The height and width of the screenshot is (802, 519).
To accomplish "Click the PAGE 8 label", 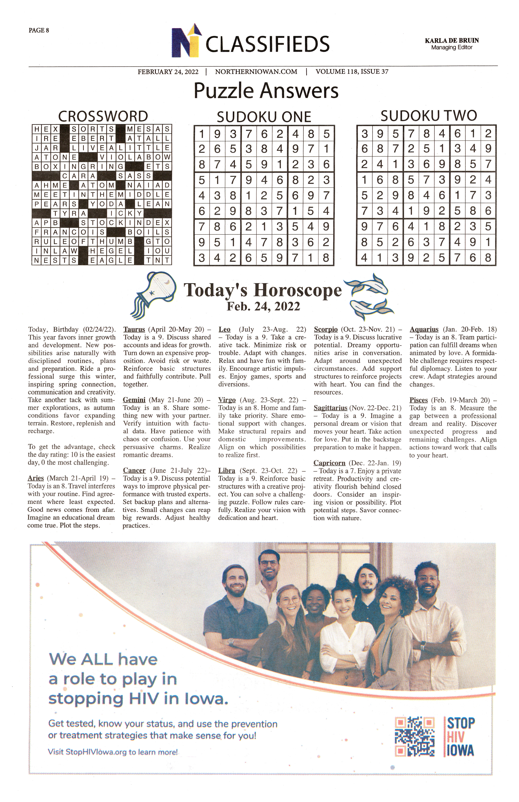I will [39, 30].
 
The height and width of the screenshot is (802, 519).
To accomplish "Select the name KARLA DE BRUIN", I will [452, 40].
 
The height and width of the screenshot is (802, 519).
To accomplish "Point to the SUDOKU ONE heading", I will [264, 117].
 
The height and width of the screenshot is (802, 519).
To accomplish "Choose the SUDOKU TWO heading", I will [429, 116].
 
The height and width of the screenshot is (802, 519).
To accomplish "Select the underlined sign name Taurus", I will [134, 330].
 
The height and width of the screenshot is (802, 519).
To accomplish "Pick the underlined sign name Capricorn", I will [329, 463].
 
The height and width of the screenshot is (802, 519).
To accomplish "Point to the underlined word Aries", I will [36, 478].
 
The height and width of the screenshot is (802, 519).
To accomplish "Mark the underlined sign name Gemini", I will [134, 400].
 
